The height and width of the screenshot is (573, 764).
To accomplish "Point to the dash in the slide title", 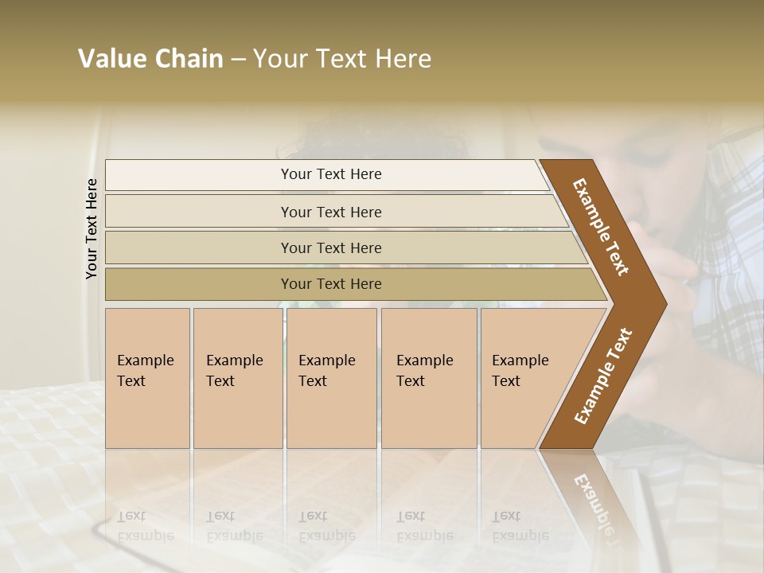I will click(x=238, y=60).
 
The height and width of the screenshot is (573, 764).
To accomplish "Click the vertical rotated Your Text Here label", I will click(x=92, y=228).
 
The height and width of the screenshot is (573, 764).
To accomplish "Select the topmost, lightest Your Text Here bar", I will click(x=330, y=174).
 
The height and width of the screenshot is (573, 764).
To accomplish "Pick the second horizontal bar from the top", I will click(x=330, y=212).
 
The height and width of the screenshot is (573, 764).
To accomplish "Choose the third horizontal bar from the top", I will click(x=330, y=248).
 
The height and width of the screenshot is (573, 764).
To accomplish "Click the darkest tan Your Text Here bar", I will click(x=330, y=284).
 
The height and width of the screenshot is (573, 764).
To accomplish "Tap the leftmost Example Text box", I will click(x=147, y=378).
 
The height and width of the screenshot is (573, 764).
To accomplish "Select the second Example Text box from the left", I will click(x=237, y=378).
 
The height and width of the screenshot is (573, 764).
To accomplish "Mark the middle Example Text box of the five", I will click(x=331, y=378).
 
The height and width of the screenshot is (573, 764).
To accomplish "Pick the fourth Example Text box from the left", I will click(x=429, y=378).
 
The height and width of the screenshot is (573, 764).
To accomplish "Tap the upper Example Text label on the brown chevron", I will click(x=601, y=227).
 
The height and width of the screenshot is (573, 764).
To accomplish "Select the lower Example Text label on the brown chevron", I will click(x=602, y=376).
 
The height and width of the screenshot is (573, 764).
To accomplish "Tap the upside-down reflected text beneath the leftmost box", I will click(x=146, y=525).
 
